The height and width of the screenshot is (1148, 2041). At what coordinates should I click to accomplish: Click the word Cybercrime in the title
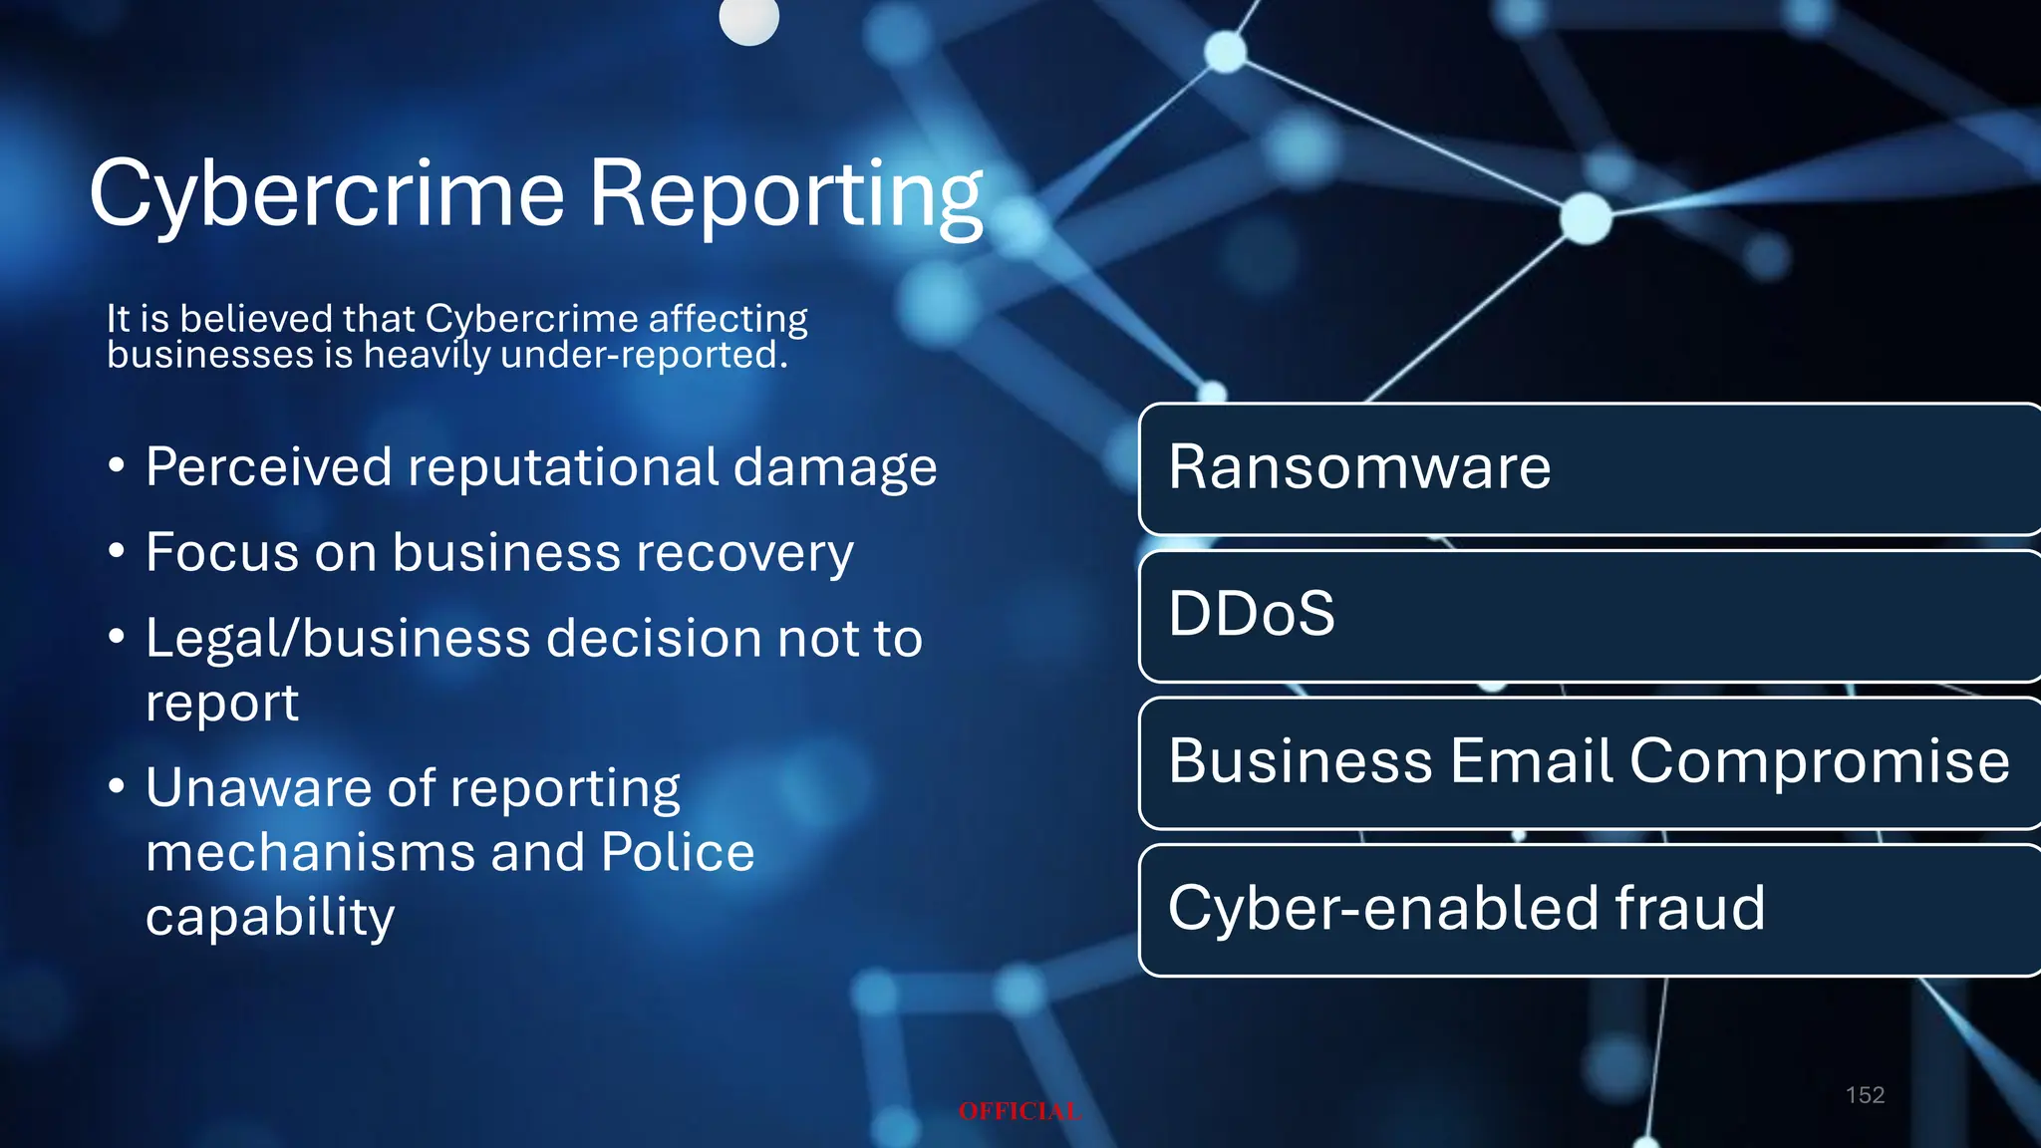(x=327, y=194)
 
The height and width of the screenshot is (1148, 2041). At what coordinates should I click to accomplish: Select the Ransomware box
(x=1589, y=468)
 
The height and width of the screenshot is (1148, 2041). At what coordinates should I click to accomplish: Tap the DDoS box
(x=1589, y=615)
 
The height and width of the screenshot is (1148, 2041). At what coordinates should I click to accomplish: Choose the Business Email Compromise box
(x=1589, y=762)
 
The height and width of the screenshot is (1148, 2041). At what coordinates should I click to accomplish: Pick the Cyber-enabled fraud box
(x=1589, y=909)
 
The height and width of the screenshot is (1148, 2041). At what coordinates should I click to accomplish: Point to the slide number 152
(x=1865, y=1095)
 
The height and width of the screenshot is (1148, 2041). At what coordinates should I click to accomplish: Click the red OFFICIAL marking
(x=1020, y=1111)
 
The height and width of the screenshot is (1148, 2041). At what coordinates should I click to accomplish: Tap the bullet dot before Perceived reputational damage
(x=117, y=465)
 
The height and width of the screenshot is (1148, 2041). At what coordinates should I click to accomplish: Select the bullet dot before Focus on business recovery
(x=117, y=551)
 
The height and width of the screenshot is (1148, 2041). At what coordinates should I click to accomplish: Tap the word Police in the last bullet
(x=678, y=853)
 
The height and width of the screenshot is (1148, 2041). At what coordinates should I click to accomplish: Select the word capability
(x=270, y=918)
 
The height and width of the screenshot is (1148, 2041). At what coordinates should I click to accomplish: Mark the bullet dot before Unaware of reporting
(x=117, y=786)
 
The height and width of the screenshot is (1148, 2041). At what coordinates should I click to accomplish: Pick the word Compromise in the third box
(x=1819, y=762)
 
